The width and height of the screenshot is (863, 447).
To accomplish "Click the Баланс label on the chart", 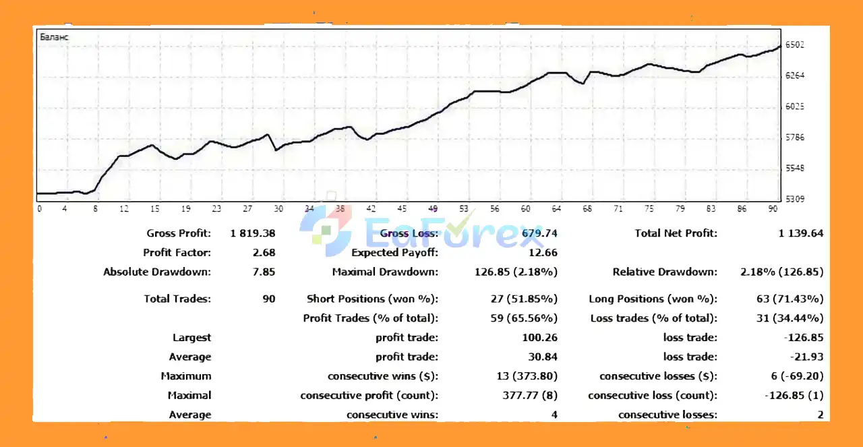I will [x=55, y=37].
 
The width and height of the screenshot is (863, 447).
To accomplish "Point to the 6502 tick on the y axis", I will [x=795, y=45].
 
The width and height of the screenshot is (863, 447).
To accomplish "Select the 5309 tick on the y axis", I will [x=795, y=199].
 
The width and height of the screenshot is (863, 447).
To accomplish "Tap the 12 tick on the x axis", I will [x=124, y=209].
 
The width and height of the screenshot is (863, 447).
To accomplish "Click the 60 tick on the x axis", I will [x=526, y=209].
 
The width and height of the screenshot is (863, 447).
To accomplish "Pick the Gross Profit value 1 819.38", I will [x=253, y=234].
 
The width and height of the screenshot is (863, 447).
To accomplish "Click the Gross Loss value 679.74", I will [x=539, y=234].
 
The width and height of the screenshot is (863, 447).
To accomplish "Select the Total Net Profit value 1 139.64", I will [x=800, y=234].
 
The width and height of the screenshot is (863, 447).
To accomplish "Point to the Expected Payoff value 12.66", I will [x=544, y=253].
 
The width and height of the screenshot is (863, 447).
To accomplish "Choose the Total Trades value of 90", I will [x=268, y=299].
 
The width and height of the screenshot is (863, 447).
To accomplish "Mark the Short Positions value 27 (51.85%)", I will [x=524, y=299].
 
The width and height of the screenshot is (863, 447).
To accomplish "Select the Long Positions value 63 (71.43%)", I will [x=790, y=299].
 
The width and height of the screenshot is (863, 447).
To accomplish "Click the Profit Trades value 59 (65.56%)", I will [x=524, y=318].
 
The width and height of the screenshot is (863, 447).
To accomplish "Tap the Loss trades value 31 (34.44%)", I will [x=790, y=318].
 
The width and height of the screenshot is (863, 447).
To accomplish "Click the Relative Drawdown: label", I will [x=665, y=272].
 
